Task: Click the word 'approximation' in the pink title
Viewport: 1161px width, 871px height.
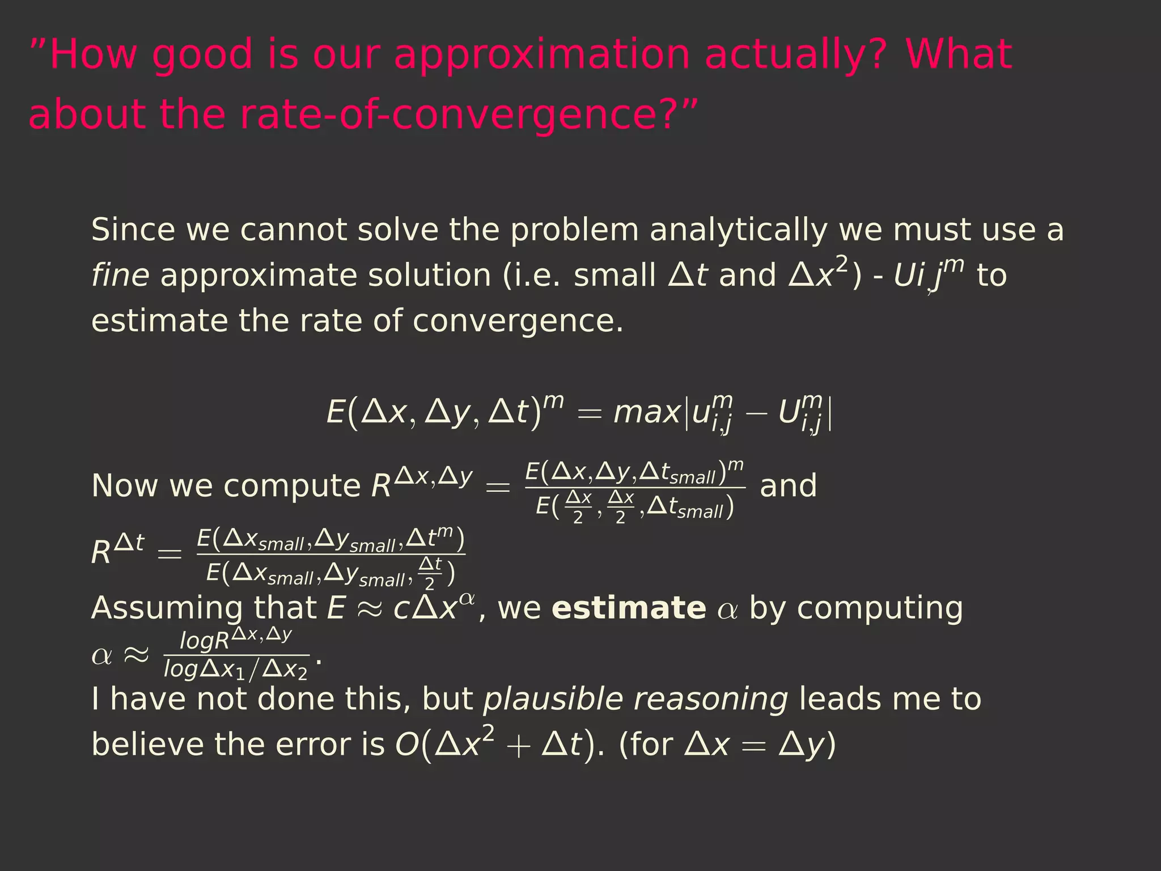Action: [x=541, y=55]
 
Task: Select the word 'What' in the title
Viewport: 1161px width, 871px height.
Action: [x=959, y=55]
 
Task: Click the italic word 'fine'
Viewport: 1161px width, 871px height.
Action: [x=120, y=276]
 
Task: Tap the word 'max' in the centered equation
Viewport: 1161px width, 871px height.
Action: [x=647, y=412]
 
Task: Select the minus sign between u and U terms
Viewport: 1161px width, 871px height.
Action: [x=755, y=413]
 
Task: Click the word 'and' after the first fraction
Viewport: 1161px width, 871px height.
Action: [x=788, y=486]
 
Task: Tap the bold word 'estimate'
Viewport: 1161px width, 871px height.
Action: [x=629, y=608]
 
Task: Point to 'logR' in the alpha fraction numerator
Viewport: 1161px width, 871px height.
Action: [x=204, y=641]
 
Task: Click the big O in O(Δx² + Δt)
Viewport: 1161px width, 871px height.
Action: [x=406, y=745]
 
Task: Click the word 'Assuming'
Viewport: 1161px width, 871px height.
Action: [x=167, y=608]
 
